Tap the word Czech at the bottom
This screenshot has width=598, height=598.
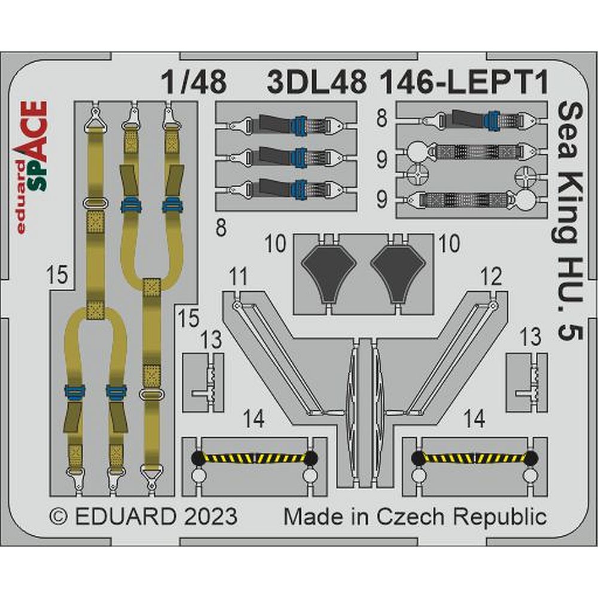tap(411, 517)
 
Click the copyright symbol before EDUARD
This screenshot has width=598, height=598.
tap(59, 517)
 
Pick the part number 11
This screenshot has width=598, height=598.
tap(239, 277)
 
